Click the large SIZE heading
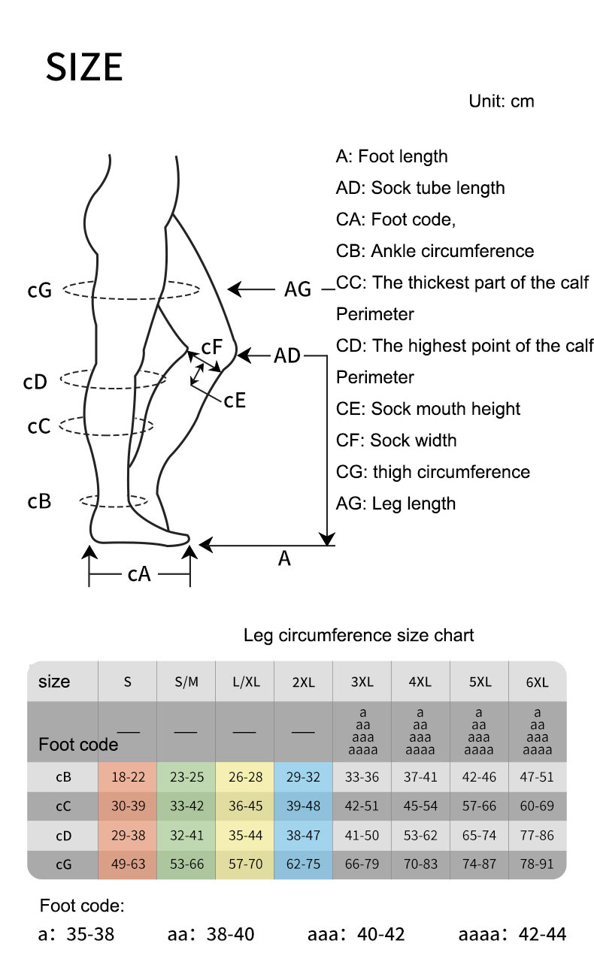click(84, 68)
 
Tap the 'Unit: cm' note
click(501, 101)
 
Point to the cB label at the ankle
click(39, 501)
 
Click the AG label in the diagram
click(298, 289)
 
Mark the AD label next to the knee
click(286, 355)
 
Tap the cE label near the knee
click(235, 400)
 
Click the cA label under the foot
click(139, 575)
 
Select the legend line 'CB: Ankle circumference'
click(435, 251)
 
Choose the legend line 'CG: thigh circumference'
click(432, 472)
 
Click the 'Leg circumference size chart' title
click(359, 635)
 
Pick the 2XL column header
click(303, 682)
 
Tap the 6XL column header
click(537, 682)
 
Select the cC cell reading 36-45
click(244, 806)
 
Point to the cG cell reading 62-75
click(303, 864)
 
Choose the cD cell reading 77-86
click(537, 835)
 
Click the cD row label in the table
click(64, 835)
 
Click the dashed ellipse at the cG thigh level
click(132, 289)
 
